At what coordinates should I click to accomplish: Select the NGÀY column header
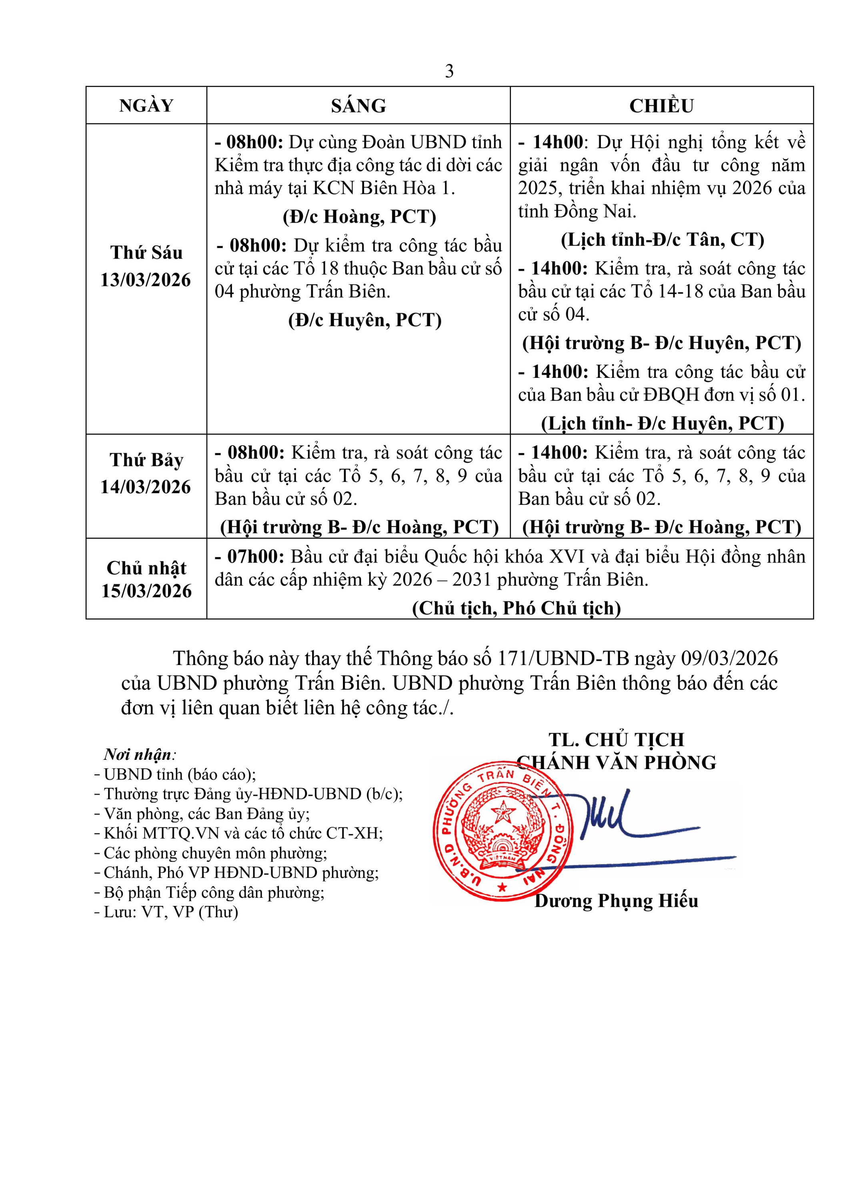click(146, 106)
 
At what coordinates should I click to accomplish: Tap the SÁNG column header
click(358, 106)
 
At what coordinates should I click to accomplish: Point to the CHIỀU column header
click(661, 106)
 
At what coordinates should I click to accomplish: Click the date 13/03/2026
click(146, 280)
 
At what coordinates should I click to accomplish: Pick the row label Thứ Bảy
click(146, 460)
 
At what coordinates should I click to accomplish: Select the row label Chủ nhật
click(146, 568)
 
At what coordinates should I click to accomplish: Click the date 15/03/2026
click(146, 590)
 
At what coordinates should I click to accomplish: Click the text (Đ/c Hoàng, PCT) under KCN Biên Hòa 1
click(359, 217)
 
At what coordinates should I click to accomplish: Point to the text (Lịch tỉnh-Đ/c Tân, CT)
click(663, 239)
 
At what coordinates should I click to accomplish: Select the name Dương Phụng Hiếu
click(617, 901)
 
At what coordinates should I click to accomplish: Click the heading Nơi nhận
click(138, 754)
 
